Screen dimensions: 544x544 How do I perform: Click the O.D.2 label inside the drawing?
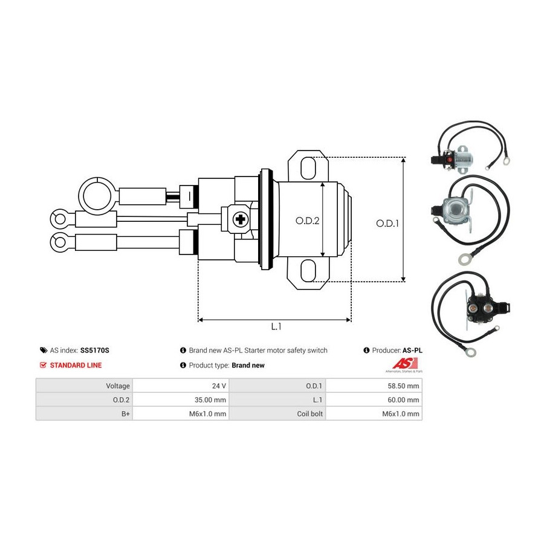[307, 221]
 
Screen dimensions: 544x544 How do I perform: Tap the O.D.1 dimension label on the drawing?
[387, 223]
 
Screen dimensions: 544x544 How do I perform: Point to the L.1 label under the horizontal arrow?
[276, 326]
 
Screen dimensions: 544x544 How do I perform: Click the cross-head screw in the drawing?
[240, 219]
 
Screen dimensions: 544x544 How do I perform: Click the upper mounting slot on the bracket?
[308, 168]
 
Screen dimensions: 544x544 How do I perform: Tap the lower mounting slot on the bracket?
[308, 271]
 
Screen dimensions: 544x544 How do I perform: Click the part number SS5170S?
[95, 351]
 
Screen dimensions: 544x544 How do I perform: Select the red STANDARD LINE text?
[76, 365]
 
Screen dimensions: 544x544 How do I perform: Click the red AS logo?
[404, 363]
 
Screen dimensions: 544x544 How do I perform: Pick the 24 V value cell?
[181, 386]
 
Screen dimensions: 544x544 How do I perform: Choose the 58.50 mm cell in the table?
[374, 386]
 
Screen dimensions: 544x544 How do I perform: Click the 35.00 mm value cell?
[181, 400]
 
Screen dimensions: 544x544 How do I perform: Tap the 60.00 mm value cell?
[374, 400]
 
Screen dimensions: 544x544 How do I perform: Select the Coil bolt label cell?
[277, 413]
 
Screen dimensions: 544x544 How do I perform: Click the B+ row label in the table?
[84, 413]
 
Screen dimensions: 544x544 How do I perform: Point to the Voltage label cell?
[84, 386]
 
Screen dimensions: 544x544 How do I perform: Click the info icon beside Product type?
[183, 365]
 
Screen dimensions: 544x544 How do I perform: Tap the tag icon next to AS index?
[44, 351]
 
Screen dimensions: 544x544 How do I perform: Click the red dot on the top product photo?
[449, 160]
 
